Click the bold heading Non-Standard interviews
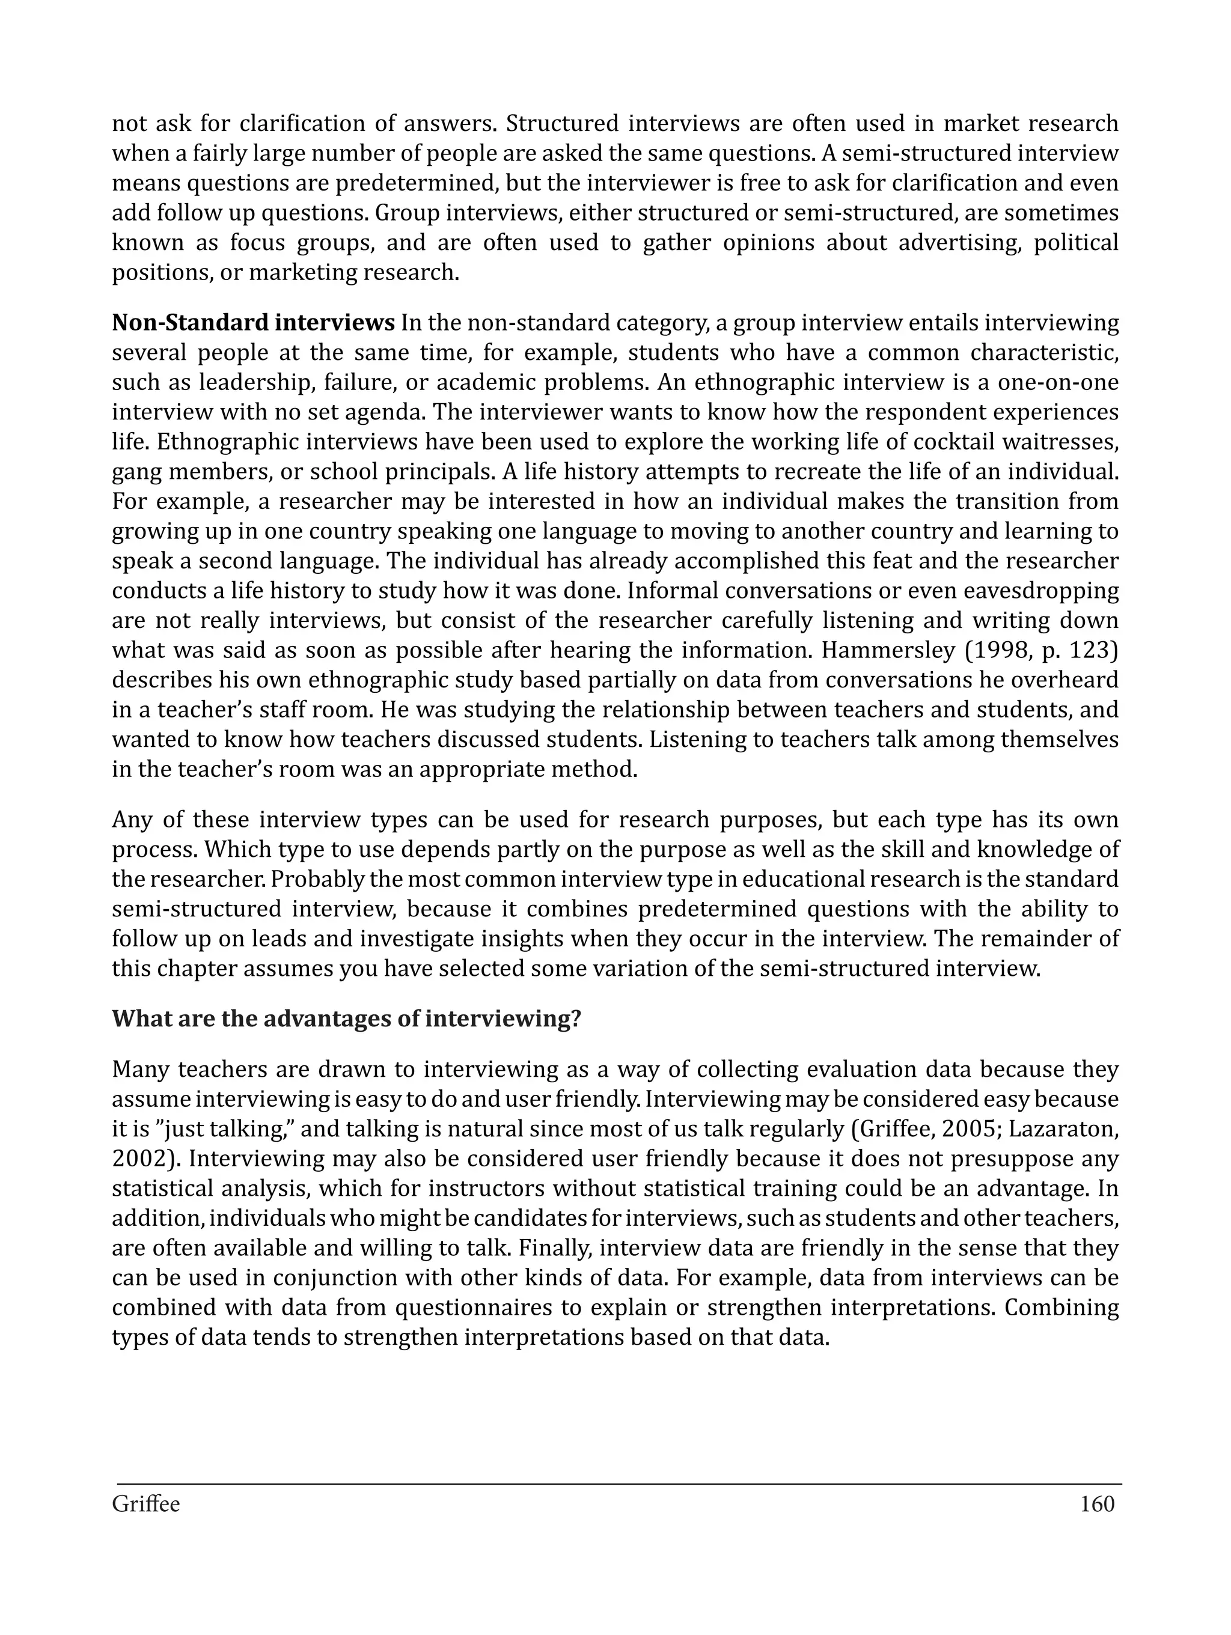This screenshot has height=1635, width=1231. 253,323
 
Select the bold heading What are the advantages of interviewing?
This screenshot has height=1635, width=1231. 346,1018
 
